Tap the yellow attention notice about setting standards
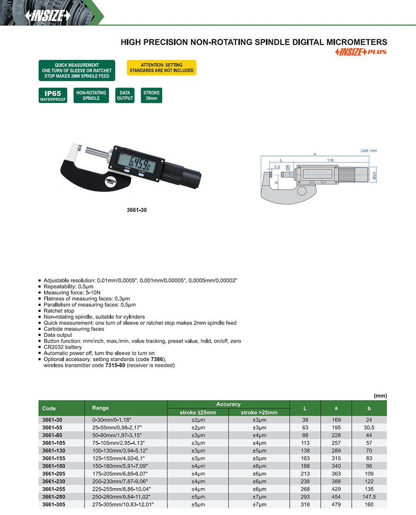(161, 68)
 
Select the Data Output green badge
(125, 96)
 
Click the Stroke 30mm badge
(152, 96)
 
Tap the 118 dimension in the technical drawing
(330, 160)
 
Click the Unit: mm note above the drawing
(369, 151)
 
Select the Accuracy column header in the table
(228, 404)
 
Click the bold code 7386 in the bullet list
(158, 359)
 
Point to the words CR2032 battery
(62, 347)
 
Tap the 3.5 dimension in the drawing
(276, 167)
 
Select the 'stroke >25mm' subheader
(259, 412)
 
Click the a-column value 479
(336, 505)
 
